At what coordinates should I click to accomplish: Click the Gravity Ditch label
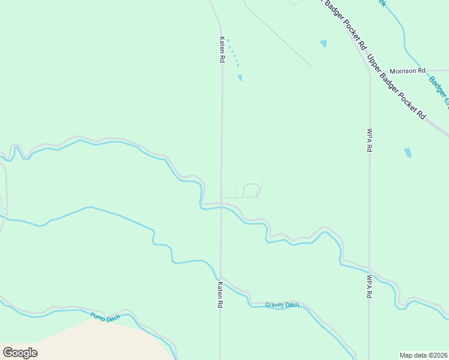[x=282, y=305]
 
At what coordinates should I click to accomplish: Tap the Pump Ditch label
[x=106, y=317]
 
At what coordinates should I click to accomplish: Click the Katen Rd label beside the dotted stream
[x=221, y=50]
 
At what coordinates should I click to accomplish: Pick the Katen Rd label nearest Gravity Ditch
[x=220, y=295]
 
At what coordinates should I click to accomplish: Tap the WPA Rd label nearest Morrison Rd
[x=370, y=140]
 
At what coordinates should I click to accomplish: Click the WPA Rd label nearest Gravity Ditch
[x=370, y=286]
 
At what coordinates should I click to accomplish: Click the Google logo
[x=20, y=353]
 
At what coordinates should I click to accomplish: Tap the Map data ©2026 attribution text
[x=423, y=355]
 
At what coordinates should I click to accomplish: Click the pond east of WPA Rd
[x=408, y=153]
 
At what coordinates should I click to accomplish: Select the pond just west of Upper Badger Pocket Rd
[x=324, y=44]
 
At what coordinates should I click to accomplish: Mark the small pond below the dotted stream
[x=240, y=77]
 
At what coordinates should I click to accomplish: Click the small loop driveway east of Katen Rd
[x=252, y=190]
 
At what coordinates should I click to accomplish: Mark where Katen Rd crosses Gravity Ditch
[x=221, y=277]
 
